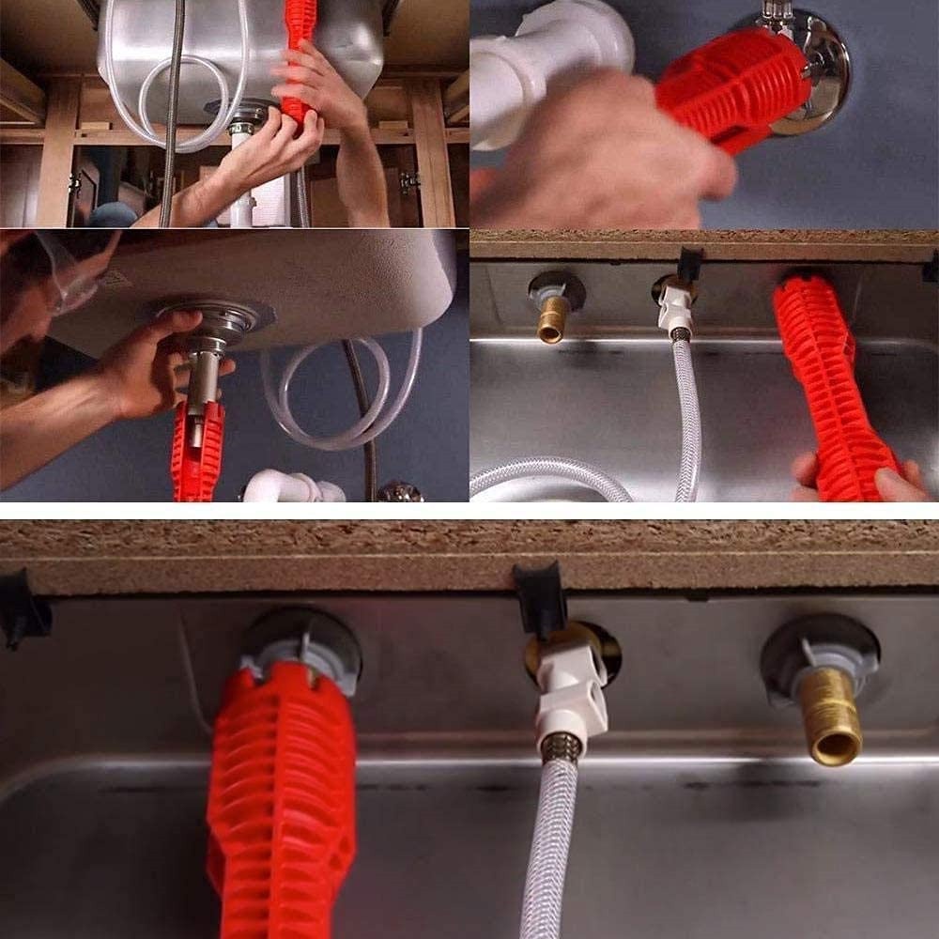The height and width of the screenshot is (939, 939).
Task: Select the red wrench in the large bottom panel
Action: pyautogui.click(x=282, y=798)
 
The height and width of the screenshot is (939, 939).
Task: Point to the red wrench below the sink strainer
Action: pyautogui.click(x=197, y=451)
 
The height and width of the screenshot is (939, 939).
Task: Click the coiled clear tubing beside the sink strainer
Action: pyautogui.click(x=338, y=394)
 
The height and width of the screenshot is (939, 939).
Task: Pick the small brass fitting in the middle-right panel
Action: pyautogui.click(x=551, y=319)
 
